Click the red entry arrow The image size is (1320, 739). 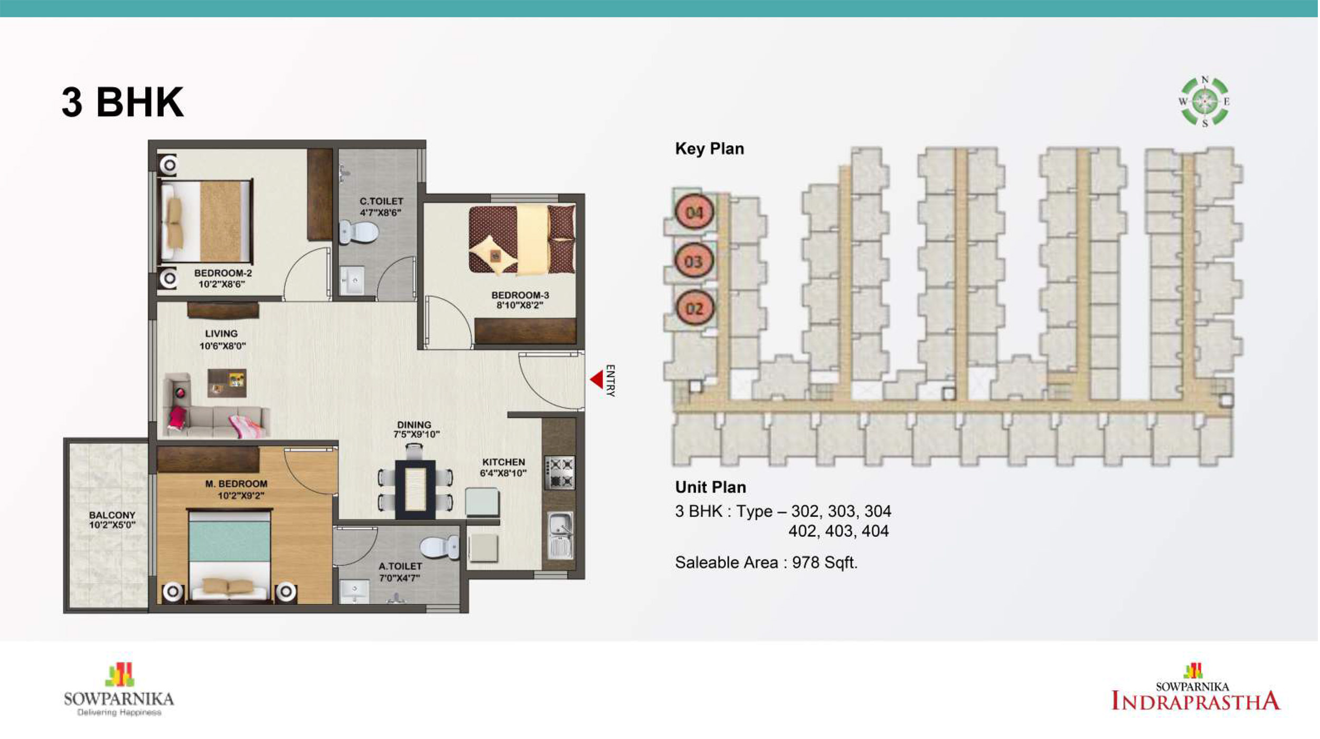coord(598,380)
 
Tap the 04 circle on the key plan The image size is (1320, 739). coord(694,212)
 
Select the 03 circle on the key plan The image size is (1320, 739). coord(694,261)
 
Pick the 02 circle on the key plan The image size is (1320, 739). coord(694,308)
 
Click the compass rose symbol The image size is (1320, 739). coord(1205,101)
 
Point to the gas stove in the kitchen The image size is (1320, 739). coord(560,473)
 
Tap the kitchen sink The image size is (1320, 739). coord(560,534)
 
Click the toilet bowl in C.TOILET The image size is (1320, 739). coord(359,232)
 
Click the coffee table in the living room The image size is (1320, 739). coord(227,383)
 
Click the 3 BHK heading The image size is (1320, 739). coord(122,102)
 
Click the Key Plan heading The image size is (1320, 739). coord(710,149)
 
